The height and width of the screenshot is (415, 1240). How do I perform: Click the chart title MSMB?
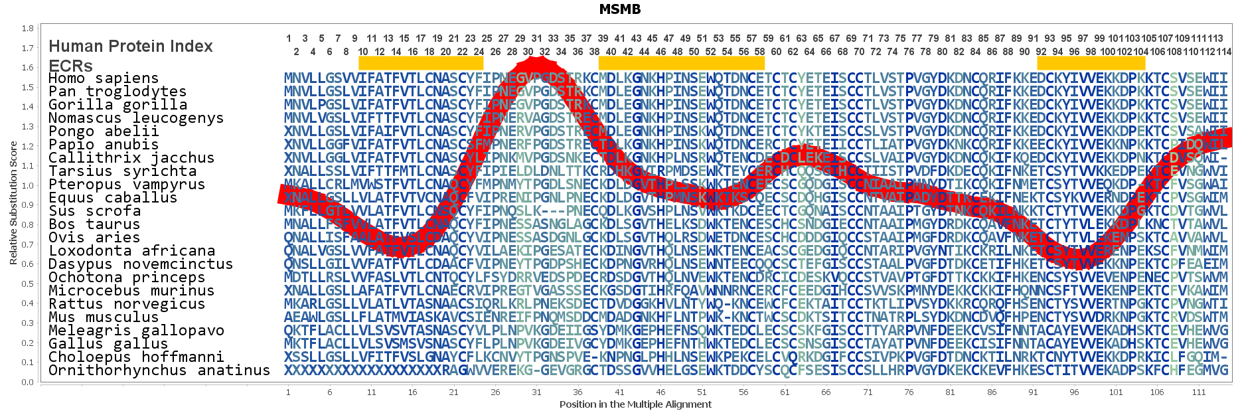pos(619,9)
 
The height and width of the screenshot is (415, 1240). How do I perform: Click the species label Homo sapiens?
pos(104,78)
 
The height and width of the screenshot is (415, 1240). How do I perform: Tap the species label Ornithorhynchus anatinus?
pos(159,371)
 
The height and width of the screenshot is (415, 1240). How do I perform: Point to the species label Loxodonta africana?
pos(131,251)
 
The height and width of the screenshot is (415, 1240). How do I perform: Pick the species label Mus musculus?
pos(104,317)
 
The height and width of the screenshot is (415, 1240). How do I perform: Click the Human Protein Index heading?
pos(131,46)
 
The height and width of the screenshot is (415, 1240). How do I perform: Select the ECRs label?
pos(70,66)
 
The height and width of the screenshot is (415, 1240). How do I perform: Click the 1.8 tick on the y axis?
pos(27,29)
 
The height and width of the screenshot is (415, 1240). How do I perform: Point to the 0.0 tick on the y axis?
pos(27,382)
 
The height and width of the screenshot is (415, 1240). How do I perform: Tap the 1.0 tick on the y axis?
pos(27,186)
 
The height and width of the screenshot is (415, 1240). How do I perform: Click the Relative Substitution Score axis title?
pos(13,203)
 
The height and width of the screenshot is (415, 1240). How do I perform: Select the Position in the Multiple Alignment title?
pos(635,404)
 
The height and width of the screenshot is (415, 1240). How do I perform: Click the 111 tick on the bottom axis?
pos(1198,392)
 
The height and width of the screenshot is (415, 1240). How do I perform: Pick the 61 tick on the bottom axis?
pos(785,392)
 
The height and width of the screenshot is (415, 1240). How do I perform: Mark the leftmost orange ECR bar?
pos(421,63)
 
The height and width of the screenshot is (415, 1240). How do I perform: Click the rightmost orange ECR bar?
pos(1091,63)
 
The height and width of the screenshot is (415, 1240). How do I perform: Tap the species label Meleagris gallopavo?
pos(136,331)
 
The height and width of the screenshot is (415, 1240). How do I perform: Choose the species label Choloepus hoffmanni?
pos(136,357)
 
